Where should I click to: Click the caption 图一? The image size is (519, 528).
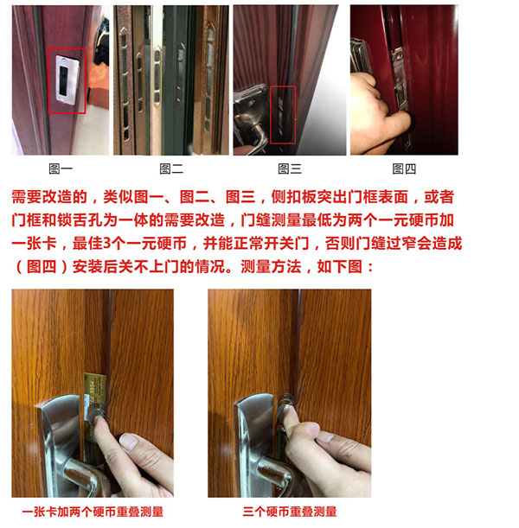pyautogui.click(x=61, y=169)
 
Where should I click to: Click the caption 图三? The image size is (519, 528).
pyautogui.click(x=290, y=169)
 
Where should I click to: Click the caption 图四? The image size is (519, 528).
pyautogui.click(x=404, y=169)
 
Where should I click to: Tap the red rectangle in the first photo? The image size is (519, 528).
pyautogui.click(x=67, y=80)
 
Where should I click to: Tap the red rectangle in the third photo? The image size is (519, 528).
pyautogui.click(x=283, y=114)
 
